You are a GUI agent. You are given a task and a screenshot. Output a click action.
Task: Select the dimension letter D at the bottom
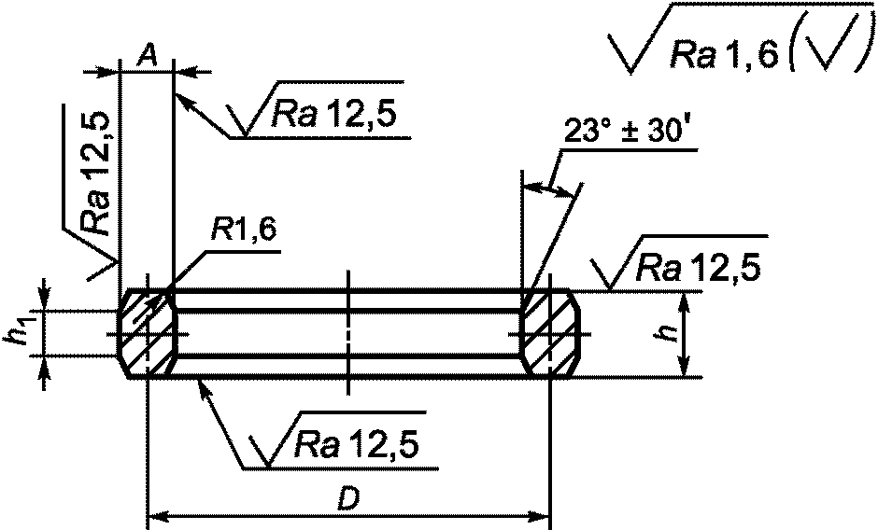click(347, 501)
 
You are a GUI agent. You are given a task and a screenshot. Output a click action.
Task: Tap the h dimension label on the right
click(665, 333)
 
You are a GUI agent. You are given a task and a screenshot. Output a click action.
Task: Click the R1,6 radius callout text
click(243, 230)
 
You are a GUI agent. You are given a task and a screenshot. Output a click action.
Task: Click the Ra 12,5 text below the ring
click(357, 445)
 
